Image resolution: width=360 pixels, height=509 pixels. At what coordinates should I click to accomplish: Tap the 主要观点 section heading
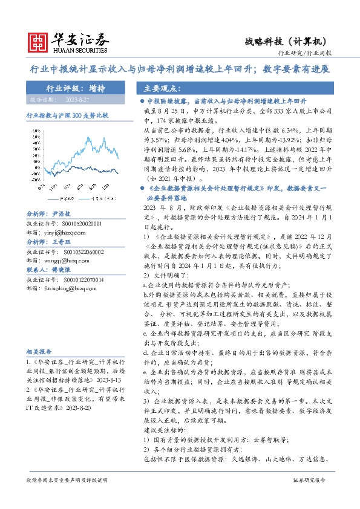[x=160, y=88]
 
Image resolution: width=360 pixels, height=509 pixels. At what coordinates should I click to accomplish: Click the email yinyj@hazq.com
[x=62, y=230]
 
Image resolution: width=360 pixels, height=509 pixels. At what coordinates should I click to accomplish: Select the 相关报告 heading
[x=39, y=351]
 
